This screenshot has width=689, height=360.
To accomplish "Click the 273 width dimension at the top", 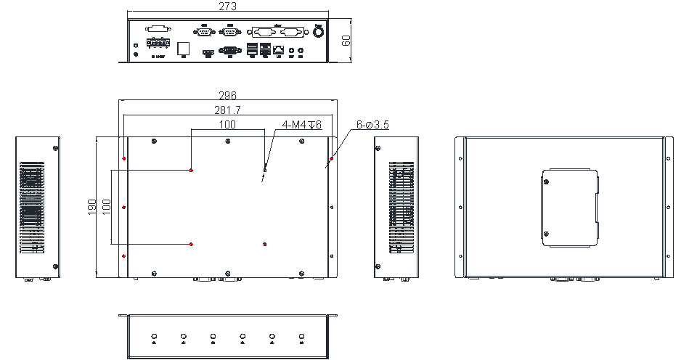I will [x=227, y=7].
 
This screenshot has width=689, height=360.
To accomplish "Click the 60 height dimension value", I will [x=346, y=40].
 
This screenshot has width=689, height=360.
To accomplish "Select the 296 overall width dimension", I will [x=228, y=96].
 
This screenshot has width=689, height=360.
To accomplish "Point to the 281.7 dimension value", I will [x=227, y=110].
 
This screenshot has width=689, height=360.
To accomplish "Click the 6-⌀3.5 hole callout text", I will [x=372, y=125].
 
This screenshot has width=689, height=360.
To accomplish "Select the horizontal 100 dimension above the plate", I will [x=227, y=125].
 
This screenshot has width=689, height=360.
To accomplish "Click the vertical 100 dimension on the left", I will [x=107, y=207].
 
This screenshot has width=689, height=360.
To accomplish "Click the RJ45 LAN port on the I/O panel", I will [x=279, y=50].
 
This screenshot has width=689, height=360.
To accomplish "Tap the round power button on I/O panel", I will [x=318, y=32].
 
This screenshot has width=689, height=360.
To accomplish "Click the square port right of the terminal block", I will [x=183, y=47].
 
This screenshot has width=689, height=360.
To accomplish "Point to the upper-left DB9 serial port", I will [x=203, y=31].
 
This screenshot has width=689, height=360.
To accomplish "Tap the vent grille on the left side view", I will [x=30, y=208].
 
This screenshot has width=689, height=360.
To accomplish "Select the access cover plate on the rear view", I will [x=571, y=208].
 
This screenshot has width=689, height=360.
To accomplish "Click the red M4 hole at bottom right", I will [x=265, y=245].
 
